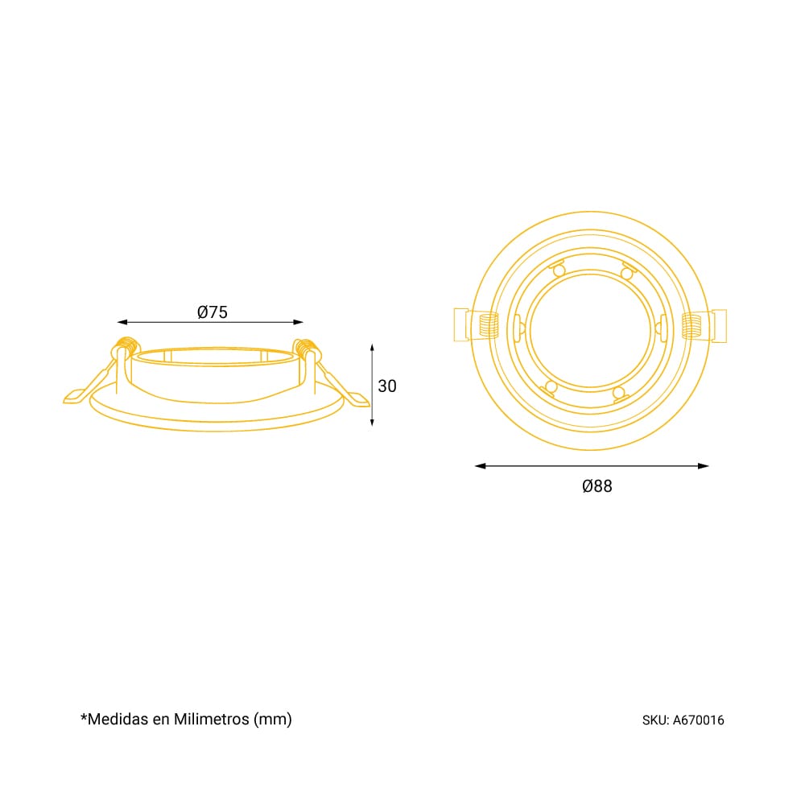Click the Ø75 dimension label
212,312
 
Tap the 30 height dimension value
387,386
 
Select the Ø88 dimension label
597,485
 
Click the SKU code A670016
698,720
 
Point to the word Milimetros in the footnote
212,719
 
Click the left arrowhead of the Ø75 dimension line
122,322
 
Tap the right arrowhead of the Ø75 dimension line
298,322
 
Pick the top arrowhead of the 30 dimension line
372,349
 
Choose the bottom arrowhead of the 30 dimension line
372,421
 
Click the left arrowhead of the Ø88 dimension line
481,465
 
